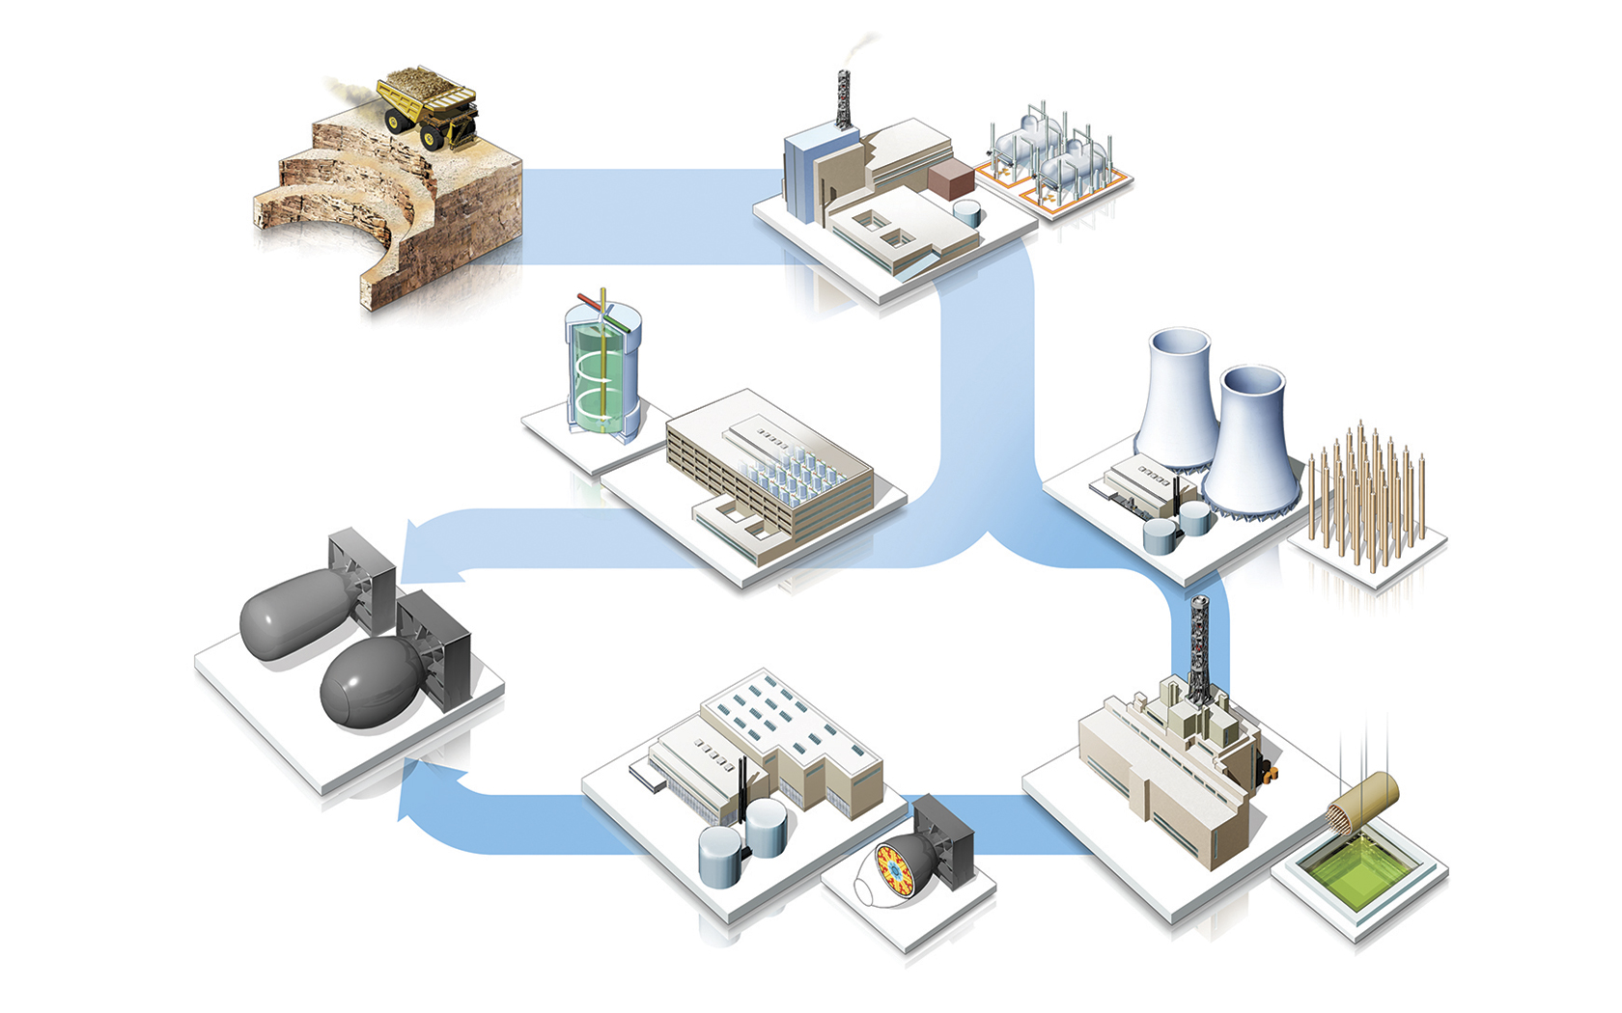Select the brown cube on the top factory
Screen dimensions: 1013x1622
pos(952,179)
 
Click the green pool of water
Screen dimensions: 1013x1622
pos(1360,868)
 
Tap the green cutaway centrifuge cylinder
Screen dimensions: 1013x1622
pos(602,371)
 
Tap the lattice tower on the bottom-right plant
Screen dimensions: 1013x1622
pos(1198,642)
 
